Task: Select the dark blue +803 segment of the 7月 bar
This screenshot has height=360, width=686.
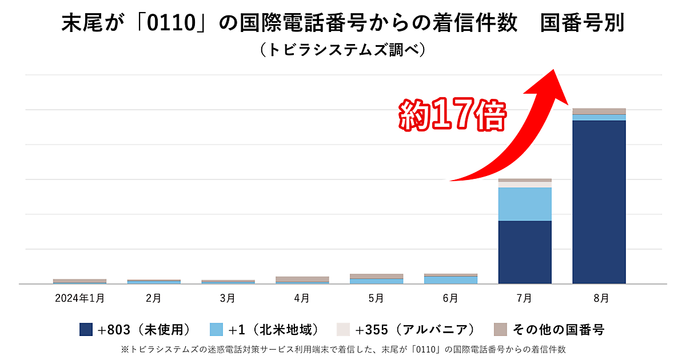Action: point(525,252)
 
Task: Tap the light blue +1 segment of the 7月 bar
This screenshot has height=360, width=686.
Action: point(525,204)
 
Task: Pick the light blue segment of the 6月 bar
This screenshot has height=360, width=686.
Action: point(450,279)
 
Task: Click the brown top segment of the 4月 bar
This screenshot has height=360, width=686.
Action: point(302,279)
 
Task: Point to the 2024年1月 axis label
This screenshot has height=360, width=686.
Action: point(79,298)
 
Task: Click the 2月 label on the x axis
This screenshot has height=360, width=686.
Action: point(153,298)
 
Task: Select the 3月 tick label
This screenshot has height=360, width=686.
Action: point(228,298)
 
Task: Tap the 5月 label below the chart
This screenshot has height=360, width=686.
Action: point(376,298)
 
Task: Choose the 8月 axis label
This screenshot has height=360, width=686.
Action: point(599,298)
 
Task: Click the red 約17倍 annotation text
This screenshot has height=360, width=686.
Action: point(452,117)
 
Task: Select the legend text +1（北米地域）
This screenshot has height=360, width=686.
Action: point(274,329)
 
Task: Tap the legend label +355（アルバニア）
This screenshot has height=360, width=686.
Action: point(414,329)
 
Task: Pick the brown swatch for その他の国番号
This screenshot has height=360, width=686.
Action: point(500,329)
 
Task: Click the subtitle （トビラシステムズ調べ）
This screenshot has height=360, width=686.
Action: point(342,50)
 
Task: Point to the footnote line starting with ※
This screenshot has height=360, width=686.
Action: point(343,348)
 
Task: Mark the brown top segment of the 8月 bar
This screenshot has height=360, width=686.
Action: point(599,111)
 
